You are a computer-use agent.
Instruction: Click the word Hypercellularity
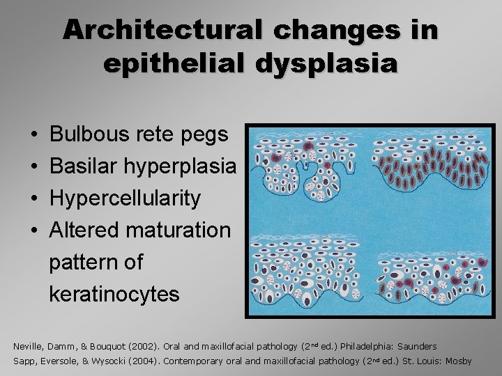pos(125,198)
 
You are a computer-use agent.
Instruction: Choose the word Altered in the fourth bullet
pos(83,230)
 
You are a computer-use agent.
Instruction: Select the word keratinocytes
pos(114,294)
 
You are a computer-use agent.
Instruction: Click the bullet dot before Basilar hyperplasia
pos(33,167)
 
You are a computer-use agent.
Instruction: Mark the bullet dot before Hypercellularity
pos(33,199)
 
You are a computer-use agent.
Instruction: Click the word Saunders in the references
pos(417,346)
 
